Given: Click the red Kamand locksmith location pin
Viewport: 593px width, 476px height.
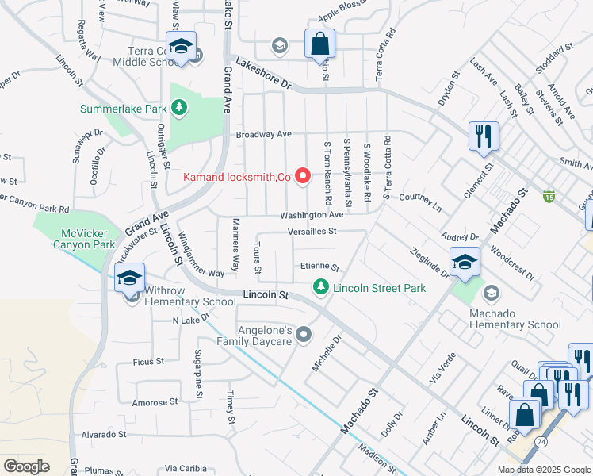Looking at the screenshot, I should pos(302,176).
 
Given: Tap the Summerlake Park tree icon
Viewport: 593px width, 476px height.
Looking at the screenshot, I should pos(180,107).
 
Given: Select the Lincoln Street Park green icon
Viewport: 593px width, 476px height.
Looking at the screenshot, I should pos(321,287).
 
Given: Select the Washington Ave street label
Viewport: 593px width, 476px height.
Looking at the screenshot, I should pos(312,215).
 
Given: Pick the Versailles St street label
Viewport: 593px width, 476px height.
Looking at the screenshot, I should pos(312,232).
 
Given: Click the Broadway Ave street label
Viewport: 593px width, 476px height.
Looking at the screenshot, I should pos(264,134).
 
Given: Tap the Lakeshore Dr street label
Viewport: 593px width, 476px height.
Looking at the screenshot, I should pos(263,72).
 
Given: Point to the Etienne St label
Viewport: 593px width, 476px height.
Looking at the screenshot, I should pos(319,267).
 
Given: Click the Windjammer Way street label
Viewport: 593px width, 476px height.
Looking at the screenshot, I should pos(203,254).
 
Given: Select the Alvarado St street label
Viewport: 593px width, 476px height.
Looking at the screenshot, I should pos(104,435).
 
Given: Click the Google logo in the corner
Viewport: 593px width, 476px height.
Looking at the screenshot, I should pos(26,466).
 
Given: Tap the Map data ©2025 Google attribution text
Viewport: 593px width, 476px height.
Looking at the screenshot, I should pos(543,470).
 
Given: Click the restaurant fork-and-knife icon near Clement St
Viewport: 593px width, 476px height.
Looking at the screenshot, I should pos(483,136).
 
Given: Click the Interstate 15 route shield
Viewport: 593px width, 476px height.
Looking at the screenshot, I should pos(549,196).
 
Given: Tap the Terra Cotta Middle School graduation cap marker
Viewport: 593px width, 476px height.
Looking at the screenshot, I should pos(181,46).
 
